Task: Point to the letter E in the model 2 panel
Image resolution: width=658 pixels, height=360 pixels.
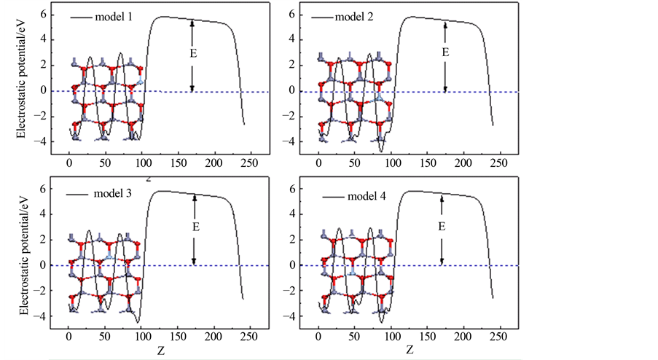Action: click(x=445, y=52)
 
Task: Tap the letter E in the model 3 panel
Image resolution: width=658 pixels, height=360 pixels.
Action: click(x=195, y=227)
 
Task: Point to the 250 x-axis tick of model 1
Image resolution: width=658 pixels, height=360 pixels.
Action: click(x=250, y=162)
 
